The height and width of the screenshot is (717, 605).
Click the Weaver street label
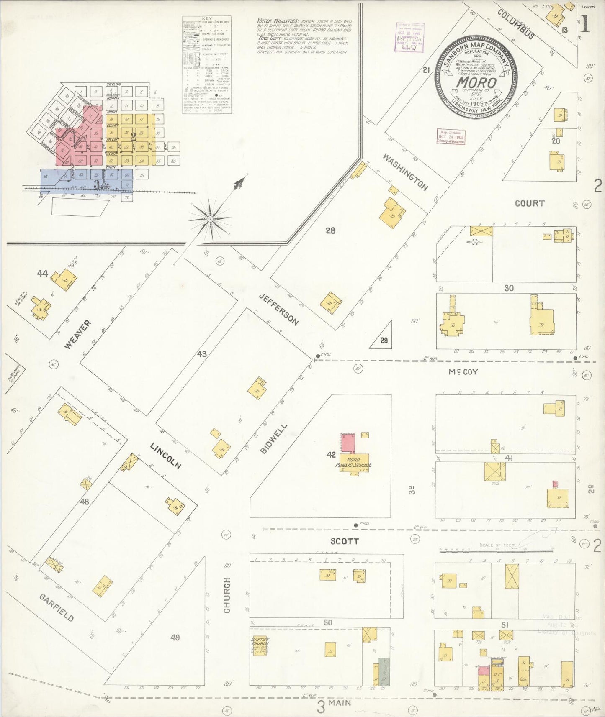(78, 335)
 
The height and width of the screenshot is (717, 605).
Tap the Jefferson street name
(278, 310)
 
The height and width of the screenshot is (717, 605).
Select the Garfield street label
(57, 607)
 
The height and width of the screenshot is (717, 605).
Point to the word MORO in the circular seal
(476, 82)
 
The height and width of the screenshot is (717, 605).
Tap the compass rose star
(210, 218)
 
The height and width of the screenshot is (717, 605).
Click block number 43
(202, 354)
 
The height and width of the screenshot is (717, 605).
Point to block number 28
(330, 230)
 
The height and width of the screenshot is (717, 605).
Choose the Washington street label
(405, 172)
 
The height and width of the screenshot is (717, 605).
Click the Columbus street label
(515, 24)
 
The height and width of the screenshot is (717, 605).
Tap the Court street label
(530, 203)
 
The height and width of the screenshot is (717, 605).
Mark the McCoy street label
(463, 371)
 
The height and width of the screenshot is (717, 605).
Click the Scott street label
(345, 541)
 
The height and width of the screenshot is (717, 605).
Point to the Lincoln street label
(166, 455)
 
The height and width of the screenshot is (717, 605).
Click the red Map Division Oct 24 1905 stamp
(451, 137)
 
